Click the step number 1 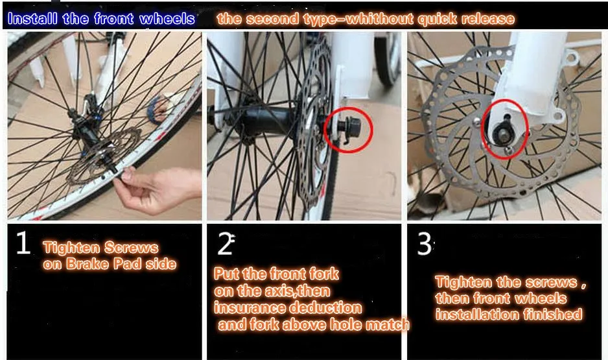(x=23, y=245)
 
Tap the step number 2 (x=225, y=245)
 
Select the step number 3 (x=424, y=245)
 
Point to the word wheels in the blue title (x=167, y=18)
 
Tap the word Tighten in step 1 (x=71, y=248)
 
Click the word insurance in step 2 (x=247, y=307)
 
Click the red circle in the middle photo (x=349, y=129)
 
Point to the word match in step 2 (x=390, y=324)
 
